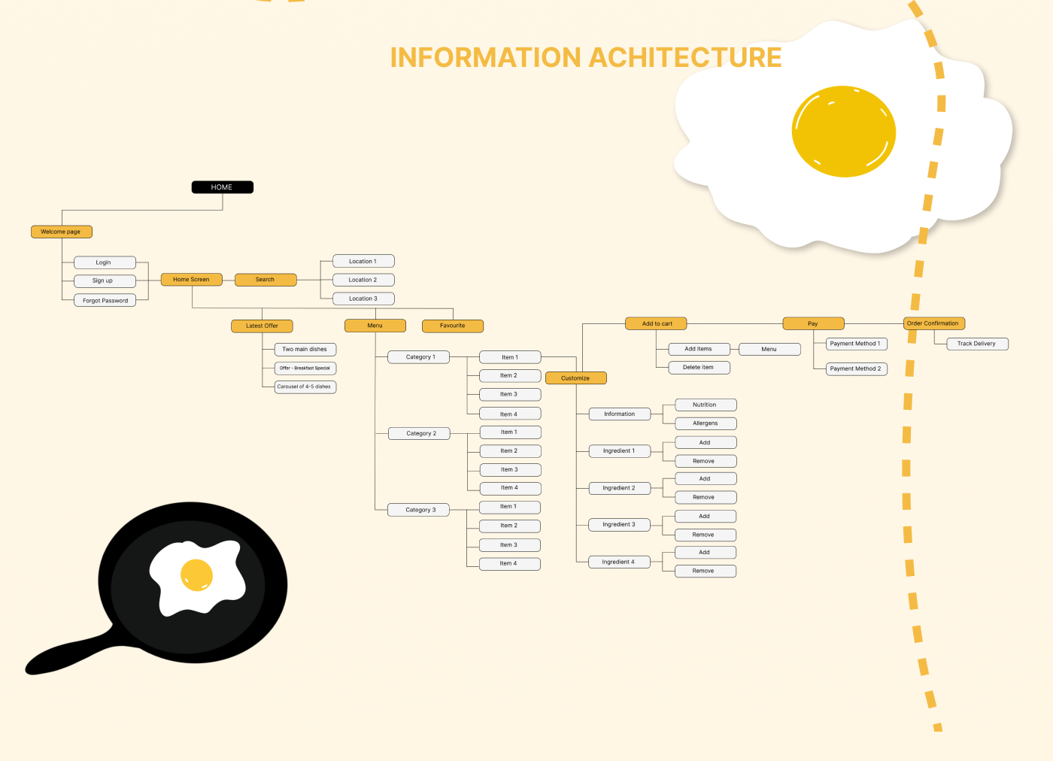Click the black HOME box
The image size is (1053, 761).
coord(222,187)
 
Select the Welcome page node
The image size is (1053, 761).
coord(61,232)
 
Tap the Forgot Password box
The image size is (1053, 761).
coord(105,300)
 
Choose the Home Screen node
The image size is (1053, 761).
coord(191,280)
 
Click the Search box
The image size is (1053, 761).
coord(265,280)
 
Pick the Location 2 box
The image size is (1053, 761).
coord(363,280)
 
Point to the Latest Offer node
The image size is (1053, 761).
coord(262,326)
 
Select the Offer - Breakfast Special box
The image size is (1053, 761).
coord(305,368)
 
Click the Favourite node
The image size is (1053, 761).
coord(452,326)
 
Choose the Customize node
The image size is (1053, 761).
coord(575,378)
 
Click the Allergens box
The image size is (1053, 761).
coord(705,423)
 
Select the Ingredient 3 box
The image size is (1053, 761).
coord(619,524)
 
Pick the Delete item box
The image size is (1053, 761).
coord(698,368)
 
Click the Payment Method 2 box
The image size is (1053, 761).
coord(856,368)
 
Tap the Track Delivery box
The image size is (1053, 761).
coord(976,344)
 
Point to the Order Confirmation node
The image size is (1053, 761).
coord(933,323)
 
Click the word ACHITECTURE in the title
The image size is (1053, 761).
coord(684,58)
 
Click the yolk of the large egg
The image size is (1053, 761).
coord(843,132)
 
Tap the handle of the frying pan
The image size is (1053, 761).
coord(68,656)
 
